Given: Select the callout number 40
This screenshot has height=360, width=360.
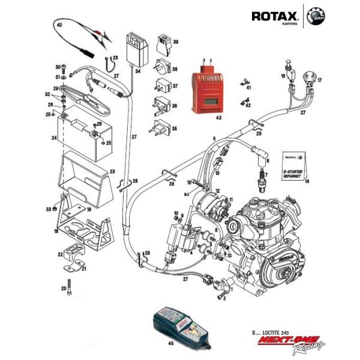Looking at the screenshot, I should pos(59,25).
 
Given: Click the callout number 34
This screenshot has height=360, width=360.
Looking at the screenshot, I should pos(137,71).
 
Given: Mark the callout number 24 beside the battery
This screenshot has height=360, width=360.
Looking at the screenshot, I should pos(54,137).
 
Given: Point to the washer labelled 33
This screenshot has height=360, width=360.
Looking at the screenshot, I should pos(55,208).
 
